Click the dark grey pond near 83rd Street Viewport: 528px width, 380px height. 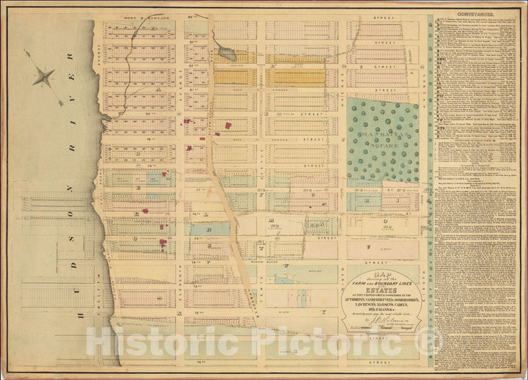pyautogui.click(x=226, y=54)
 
